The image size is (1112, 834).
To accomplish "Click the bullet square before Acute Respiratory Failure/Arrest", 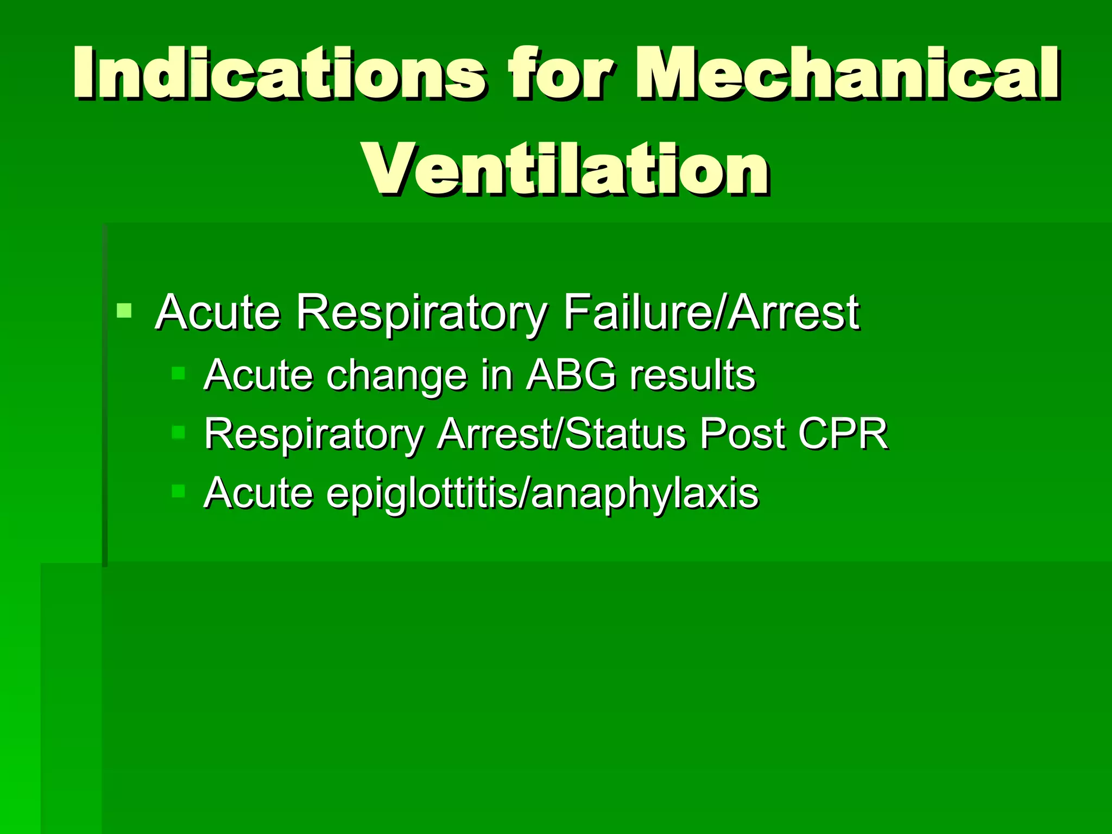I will (x=124, y=311).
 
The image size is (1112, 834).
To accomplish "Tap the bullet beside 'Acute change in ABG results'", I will (x=178, y=374).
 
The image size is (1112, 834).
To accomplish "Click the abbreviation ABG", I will (x=571, y=375).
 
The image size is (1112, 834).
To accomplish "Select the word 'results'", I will (x=692, y=375).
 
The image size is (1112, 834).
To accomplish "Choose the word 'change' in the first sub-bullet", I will (x=396, y=376).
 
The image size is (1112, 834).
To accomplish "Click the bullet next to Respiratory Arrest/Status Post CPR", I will (x=178, y=433).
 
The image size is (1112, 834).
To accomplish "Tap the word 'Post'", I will (x=742, y=434).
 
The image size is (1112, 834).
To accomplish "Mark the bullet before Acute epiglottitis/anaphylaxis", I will (x=178, y=491).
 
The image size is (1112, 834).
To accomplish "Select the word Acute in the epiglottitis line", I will (x=258, y=493).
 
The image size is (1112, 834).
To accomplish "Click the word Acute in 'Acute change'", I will (x=258, y=375).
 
